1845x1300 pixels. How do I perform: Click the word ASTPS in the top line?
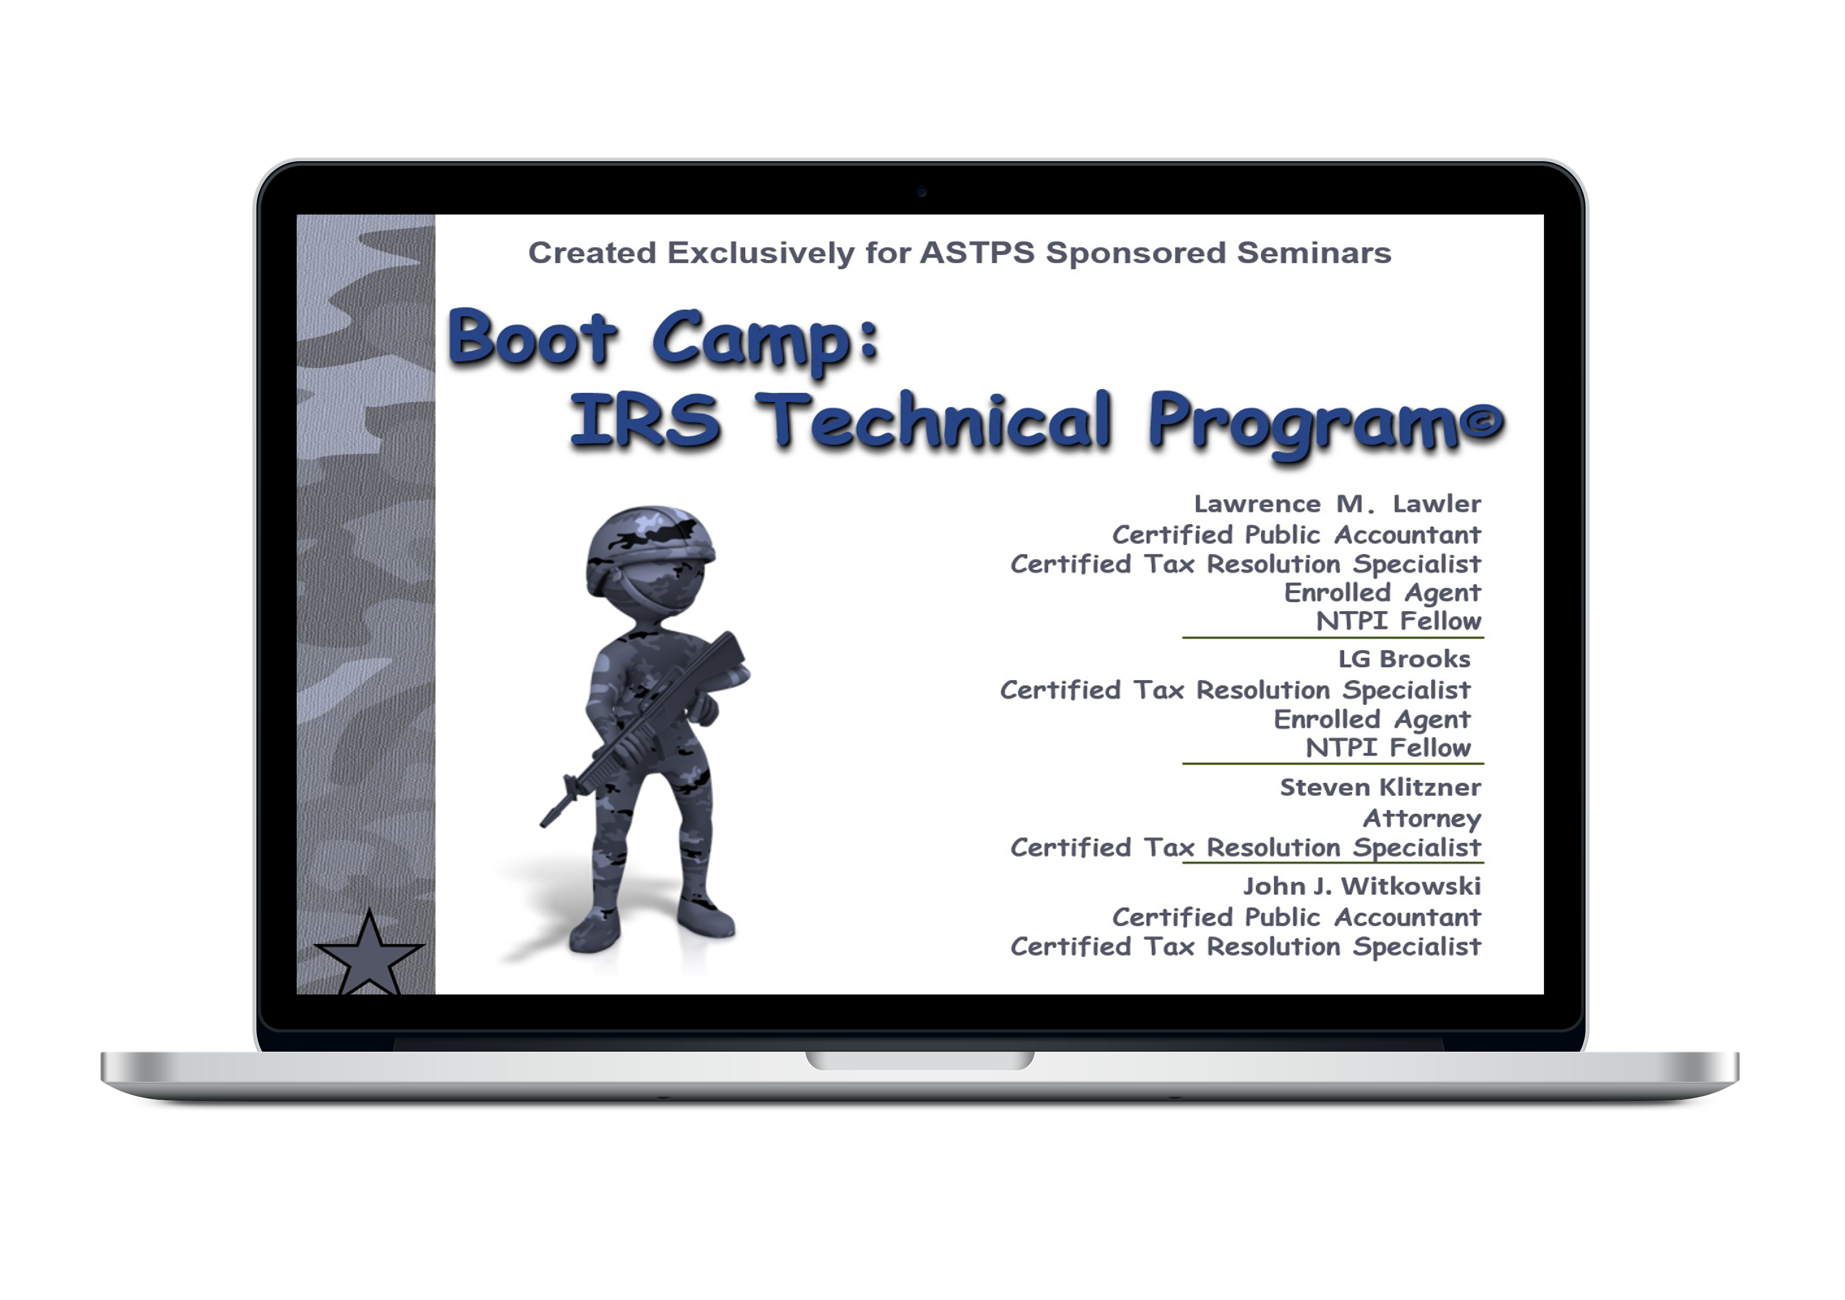977,253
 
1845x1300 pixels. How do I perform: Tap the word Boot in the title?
532,338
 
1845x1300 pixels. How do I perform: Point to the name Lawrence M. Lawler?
1337,504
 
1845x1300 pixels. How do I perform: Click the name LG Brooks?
1404,659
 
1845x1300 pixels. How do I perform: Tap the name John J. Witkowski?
1362,886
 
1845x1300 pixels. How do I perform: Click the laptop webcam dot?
922,192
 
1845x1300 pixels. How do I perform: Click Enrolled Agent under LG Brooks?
1372,719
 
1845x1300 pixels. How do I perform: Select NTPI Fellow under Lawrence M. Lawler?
1398,621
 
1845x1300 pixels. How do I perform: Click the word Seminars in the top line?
1314,253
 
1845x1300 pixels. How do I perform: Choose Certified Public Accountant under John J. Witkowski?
1296,917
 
